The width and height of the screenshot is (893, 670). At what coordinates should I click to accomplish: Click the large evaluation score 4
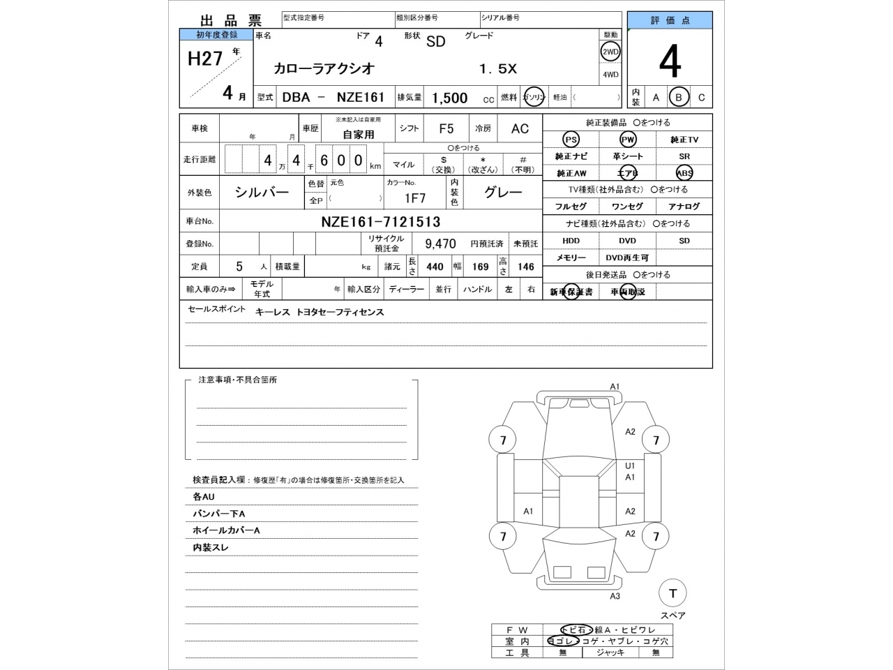[669, 62]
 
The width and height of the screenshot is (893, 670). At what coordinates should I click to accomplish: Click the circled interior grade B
[678, 98]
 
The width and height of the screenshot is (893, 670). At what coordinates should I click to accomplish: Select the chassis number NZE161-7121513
[380, 222]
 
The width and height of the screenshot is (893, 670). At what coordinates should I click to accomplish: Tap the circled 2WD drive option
[610, 52]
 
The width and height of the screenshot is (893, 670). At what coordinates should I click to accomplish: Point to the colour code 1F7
[415, 198]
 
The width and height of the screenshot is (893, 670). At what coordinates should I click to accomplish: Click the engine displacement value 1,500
[449, 98]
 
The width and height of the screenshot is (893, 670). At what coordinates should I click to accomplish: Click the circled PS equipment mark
[571, 140]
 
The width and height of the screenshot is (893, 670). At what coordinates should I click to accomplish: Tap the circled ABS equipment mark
[684, 173]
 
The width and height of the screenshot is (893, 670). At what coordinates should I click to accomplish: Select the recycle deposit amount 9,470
[440, 244]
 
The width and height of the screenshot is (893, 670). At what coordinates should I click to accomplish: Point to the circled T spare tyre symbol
[673, 593]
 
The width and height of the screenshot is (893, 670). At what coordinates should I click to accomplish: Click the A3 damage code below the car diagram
[615, 596]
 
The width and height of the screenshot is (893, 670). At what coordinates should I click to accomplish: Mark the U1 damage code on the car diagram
[630, 466]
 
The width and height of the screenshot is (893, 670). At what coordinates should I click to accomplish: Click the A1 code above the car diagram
[615, 387]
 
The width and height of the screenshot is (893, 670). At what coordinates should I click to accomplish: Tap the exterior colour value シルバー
[262, 193]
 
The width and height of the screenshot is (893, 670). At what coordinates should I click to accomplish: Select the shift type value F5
[446, 128]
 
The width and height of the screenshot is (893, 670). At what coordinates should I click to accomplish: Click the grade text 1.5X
[497, 69]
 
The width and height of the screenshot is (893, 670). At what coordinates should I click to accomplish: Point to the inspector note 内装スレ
[211, 548]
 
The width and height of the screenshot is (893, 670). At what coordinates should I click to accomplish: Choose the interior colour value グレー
[502, 193]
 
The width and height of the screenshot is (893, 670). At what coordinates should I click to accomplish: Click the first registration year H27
[205, 59]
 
